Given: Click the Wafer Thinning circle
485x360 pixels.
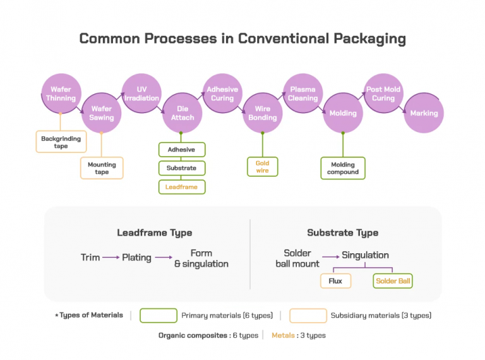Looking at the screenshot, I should [61, 93].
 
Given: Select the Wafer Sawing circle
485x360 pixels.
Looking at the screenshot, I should [101, 113].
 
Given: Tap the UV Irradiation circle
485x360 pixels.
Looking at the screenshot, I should [141, 93].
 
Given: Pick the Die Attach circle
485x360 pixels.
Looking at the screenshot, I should [182, 113].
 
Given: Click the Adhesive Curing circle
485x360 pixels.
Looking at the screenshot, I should [222, 93].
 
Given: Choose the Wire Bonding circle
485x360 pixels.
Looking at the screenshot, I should [263, 113].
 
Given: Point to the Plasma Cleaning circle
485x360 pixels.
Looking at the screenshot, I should [303, 93].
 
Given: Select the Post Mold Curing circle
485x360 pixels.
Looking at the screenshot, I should [383, 93].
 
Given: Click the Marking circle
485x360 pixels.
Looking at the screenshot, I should [424, 113].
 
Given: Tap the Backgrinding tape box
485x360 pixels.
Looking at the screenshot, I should [61, 141].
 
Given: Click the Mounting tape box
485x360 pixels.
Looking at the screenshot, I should [102, 167].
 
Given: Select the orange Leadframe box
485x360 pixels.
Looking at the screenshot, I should [182, 187].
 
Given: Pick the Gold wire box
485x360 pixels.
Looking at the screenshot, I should [262, 167].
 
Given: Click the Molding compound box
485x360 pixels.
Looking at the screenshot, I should [343, 168].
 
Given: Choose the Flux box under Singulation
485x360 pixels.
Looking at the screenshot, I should [335, 280].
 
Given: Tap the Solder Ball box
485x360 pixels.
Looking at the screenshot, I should [393, 280].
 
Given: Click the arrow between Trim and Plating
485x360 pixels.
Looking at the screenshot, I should [111, 258].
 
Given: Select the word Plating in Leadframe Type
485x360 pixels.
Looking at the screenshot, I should [137, 258].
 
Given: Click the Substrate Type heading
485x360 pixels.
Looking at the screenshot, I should [343, 232].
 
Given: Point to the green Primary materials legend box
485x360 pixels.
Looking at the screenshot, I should [158, 315].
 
